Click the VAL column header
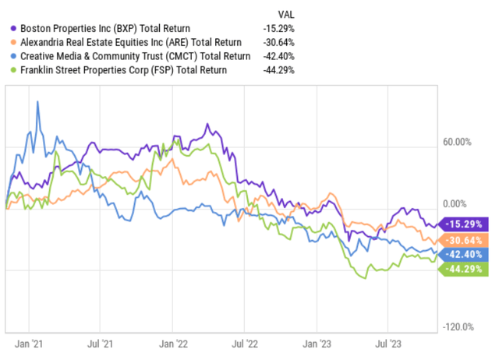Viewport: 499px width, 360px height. tap(286, 13)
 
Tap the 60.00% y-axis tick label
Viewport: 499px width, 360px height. tap(458, 143)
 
